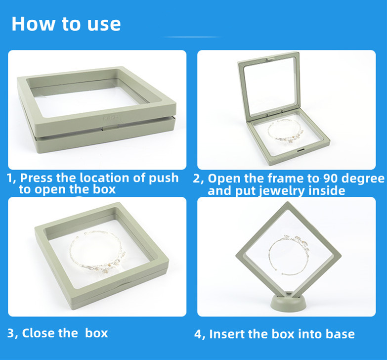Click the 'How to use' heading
[x=66, y=24]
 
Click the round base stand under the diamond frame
[x=288, y=302]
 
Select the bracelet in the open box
[x=285, y=131]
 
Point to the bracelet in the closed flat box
[x=97, y=252]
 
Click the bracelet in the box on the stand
[x=289, y=254]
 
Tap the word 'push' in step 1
[x=164, y=178]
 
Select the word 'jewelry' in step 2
[x=278, y=190]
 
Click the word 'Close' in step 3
[x=38, y=333]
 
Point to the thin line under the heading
[x=191, y=37]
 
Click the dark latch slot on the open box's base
[x=301, y=150]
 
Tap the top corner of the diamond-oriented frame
[x=288, y=202]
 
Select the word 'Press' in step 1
[x=36, y=178]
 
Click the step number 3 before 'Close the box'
[x=11, y=333]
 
